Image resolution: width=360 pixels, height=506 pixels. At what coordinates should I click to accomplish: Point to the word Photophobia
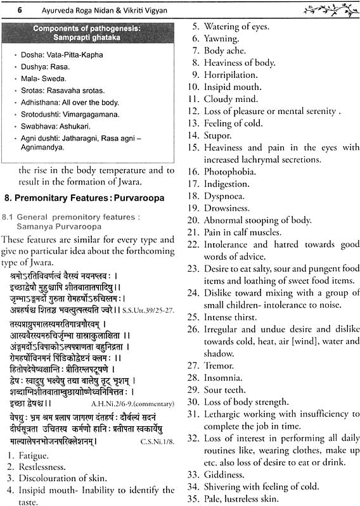coord(229,171)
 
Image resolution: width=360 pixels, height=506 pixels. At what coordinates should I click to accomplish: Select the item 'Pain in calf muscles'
coord(242,232)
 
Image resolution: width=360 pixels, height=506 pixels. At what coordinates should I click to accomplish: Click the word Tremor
coord(219,365)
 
